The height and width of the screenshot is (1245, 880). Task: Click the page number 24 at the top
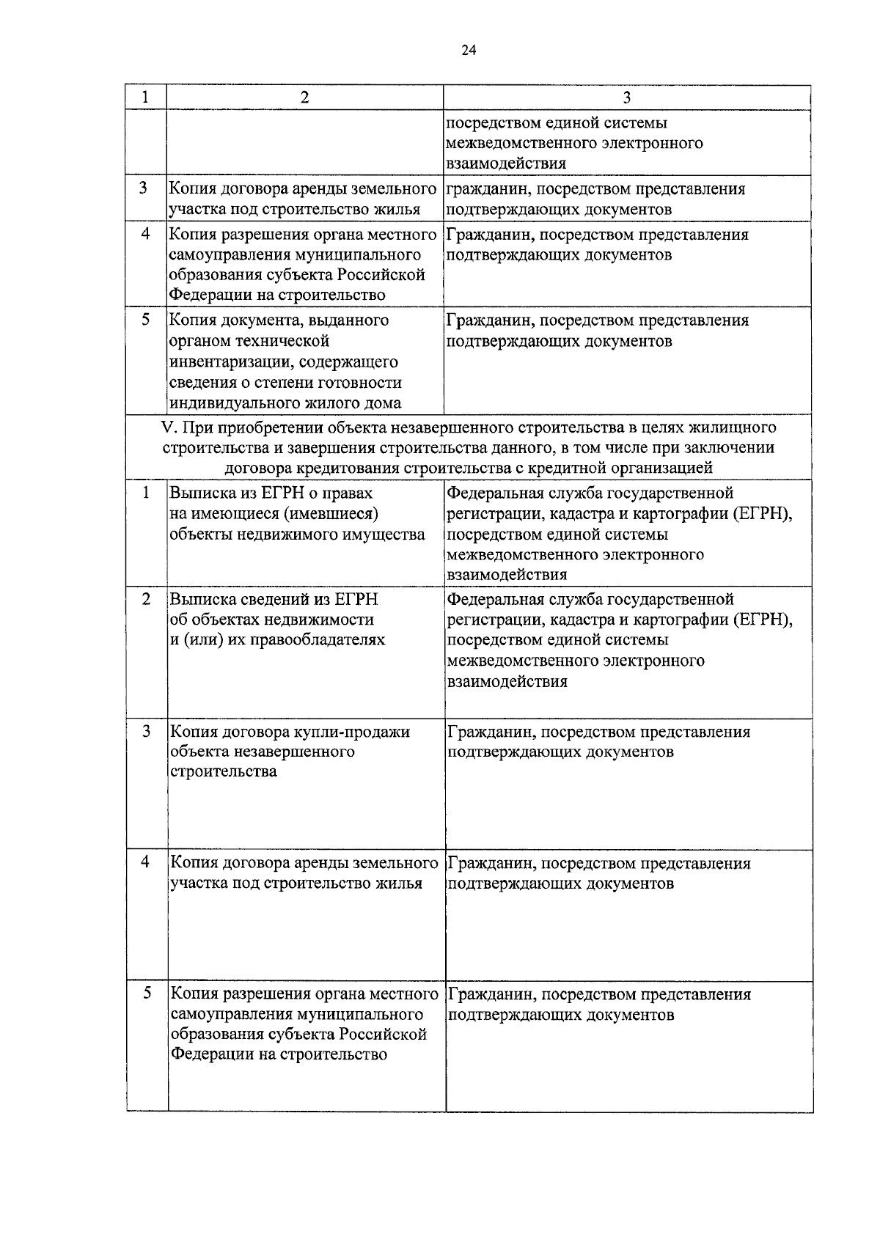[x=469, y=50]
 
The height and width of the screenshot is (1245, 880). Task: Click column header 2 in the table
[x=305, y=98]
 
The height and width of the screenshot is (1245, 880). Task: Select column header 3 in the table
[x=627, y=98]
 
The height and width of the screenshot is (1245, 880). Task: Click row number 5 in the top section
[x=146, y=319]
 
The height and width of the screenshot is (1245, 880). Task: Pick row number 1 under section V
[x=146, y=492]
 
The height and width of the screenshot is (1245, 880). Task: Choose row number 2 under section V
[x=146, y=598]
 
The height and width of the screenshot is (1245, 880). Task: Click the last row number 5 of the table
[x=147, y=993]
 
